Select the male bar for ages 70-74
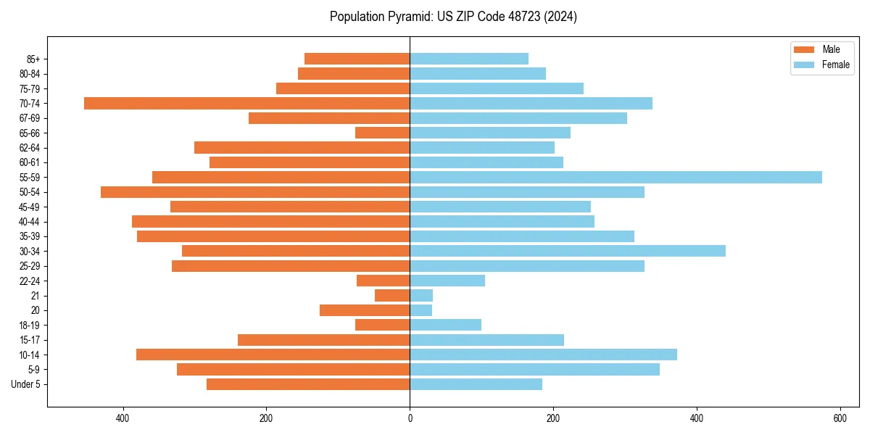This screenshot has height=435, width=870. pos(246,103)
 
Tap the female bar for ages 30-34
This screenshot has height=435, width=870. pos(568,251)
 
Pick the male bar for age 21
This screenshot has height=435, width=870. pos(392,295)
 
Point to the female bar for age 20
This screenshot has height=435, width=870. pos(421,310)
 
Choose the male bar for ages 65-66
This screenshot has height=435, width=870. pos(383,133)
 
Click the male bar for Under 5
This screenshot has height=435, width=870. pos(308,384)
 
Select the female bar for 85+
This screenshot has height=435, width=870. pos(469,59)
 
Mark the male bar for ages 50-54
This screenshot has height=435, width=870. pos(255,192)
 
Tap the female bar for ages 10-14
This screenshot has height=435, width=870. pos(543,355)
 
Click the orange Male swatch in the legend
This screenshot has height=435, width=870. pos(804,49)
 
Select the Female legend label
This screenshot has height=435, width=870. pos(835,65)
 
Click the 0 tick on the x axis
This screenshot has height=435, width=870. pos(410,418)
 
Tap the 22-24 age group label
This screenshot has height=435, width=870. pos(30,281)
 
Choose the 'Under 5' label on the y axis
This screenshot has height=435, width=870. pos(26,384)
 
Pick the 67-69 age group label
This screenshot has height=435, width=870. pos(30,118)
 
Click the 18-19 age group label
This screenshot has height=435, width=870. pos(30,325)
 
